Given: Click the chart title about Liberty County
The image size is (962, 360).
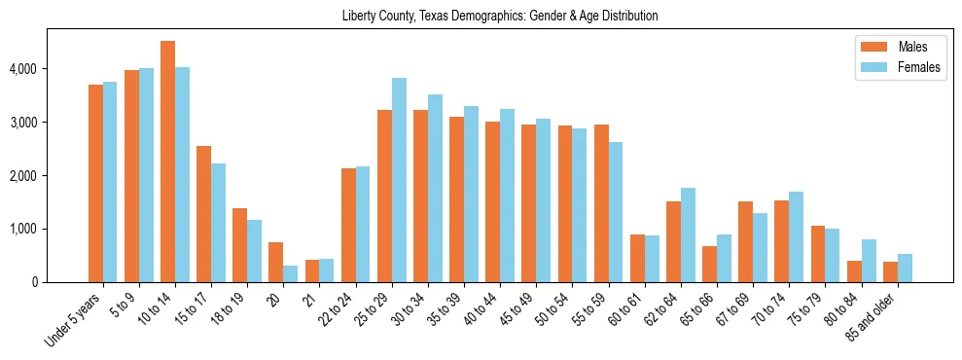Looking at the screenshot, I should pos(500,17).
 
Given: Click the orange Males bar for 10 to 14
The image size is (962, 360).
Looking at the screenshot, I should pos(167,162).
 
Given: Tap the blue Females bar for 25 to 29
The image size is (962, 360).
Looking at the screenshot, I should pos(399,180).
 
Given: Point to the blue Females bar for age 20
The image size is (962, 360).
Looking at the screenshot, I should pos(291,273).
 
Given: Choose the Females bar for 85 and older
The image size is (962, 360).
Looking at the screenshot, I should pos(905,268).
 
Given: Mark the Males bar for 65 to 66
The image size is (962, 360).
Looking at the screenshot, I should pos(710,264).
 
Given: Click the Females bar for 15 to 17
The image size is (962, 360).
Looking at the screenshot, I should pos(218,223).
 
